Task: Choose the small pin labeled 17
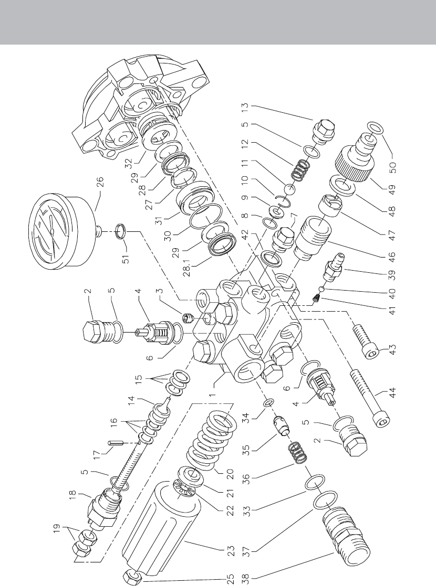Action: pyautogui.click(x=116, y=443)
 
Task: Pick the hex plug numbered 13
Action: pyautogui.click(x=323, y=133)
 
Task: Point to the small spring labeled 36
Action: pyautogui.click(x=297, y=453)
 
